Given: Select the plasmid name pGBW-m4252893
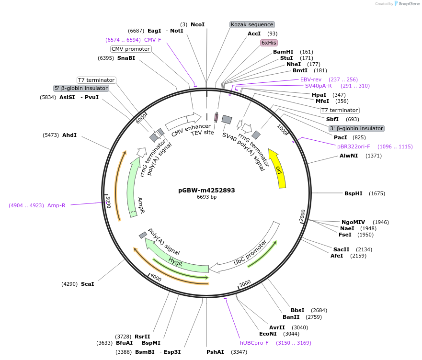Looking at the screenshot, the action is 206,190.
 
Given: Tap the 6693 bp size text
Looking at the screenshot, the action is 206,197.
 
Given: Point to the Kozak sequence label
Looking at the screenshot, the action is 252,24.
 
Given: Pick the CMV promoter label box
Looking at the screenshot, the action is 131,49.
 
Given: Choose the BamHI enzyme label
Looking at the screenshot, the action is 283,52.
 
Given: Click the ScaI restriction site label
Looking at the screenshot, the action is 87,284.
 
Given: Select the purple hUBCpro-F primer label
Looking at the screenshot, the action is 254,343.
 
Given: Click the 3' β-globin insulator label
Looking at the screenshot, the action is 356,128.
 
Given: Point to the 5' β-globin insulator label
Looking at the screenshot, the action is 81,88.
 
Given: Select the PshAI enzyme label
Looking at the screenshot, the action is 215,352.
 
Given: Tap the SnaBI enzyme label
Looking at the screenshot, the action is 126,58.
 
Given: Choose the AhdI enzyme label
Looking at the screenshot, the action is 69,135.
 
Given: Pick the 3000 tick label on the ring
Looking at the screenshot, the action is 245,284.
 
